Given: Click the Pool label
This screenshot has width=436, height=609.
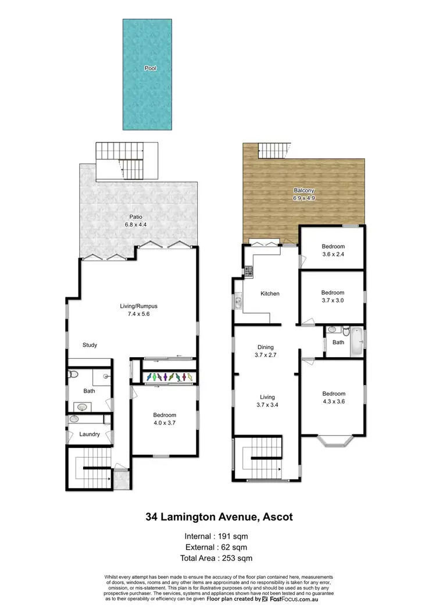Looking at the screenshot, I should point(151,69).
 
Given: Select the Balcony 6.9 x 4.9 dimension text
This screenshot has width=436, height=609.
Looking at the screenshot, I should point(303,198).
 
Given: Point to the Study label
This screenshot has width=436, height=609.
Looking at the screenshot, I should point(90,345).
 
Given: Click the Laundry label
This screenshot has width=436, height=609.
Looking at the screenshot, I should point(90,434).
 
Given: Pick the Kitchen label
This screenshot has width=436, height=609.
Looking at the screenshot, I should point(270,294).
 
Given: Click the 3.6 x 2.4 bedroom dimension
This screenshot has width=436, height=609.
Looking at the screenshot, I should point(333,254).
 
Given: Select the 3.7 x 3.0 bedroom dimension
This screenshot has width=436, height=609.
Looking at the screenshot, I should point(333,301).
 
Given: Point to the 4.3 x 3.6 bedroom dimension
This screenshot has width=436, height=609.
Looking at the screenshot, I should point(333,401).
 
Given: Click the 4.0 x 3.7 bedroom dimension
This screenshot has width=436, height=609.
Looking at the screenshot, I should point(164,423).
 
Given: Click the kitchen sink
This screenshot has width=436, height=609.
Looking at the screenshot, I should point(238,301).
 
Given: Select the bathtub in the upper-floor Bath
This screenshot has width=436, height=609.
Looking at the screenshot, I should point(354,337).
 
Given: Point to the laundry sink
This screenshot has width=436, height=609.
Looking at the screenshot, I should point(74,418).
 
